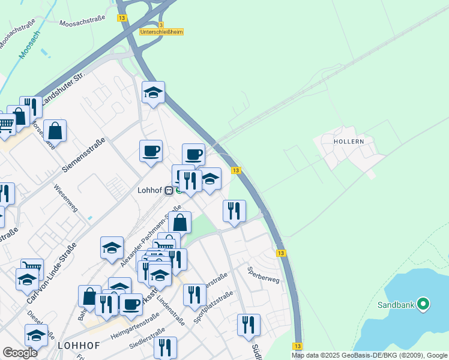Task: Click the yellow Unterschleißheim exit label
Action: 161,32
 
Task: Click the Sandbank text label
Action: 396,305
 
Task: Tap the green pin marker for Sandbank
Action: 423,304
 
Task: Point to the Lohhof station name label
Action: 150,190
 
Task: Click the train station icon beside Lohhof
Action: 169,190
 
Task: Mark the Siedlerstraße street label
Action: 146,340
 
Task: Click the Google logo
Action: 20,353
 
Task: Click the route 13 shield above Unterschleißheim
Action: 122,19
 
